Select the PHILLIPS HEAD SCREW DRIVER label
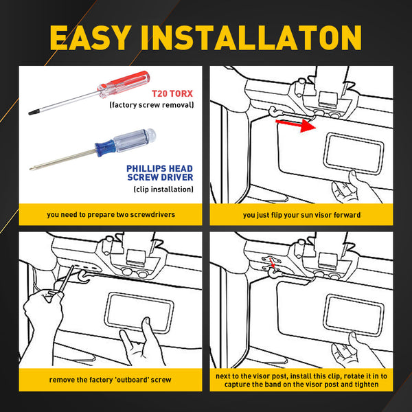159,173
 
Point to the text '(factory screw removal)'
152,105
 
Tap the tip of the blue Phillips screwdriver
31,168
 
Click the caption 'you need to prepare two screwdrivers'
111,214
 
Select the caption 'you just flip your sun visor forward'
301,214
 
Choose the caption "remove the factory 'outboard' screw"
111,380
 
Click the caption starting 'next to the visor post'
301,380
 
